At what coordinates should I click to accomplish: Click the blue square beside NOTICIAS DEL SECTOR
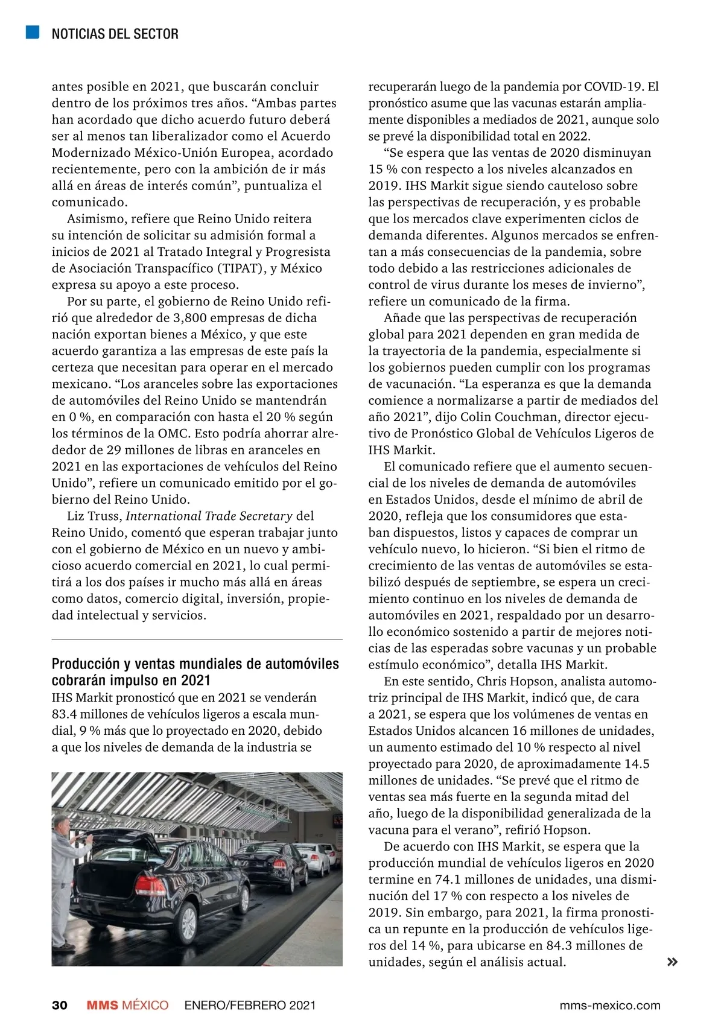tap(33, 32)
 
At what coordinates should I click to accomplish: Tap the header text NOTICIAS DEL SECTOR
tap(115, 34)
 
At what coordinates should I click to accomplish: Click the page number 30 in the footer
tap(60, 1005)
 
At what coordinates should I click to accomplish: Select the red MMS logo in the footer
tap(103, 1005)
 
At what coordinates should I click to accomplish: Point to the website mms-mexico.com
tap(610, 1005)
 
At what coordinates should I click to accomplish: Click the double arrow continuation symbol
tap(672, 962)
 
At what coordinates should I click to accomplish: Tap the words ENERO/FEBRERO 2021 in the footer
tap(250, 1005)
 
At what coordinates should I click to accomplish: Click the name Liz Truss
tap(94, 516)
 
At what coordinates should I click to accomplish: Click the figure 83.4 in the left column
tap(65, 714)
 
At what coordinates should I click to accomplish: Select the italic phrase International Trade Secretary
tap(209, 516)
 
